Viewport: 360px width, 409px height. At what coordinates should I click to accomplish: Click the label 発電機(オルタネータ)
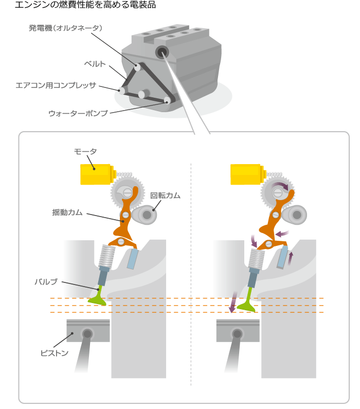click(x=65, y=28)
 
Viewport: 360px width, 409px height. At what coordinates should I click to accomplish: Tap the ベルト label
click(x=95, y=64)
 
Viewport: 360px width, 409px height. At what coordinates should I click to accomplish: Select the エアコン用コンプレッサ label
click(x=56, y=85)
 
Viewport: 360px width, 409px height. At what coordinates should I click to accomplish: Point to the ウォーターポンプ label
click(x=78, y=113)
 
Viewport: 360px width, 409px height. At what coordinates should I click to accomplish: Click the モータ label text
click(x=85, y=151)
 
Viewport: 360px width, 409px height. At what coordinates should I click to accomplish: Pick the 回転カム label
click(x=165, y=195)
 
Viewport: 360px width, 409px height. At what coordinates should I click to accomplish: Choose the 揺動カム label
click(x=67, y=212)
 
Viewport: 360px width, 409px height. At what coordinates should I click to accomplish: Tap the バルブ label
click(x=46, y=282)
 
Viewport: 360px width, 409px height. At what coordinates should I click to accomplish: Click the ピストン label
click(x=54, y=353)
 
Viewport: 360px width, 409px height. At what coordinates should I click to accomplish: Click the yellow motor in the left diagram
click(x=98, y=174)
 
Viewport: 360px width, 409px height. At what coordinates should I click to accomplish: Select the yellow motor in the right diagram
click(x=248, y=174)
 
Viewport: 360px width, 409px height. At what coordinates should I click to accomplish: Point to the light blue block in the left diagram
click(x=132, y=258)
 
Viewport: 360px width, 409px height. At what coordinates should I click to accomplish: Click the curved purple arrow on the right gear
click(x=280, y=185)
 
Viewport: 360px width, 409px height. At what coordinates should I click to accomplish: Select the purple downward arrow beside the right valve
click(x=233, y=302)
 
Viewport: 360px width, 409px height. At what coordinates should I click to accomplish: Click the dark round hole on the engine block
click(x=162, y=52)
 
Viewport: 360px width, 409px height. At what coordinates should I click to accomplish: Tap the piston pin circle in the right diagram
click(x=237, y=334)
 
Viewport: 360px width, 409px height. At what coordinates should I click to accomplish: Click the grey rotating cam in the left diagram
click(x=144, y=215)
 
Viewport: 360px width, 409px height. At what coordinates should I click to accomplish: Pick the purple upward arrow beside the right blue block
click(x=291, y=258)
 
